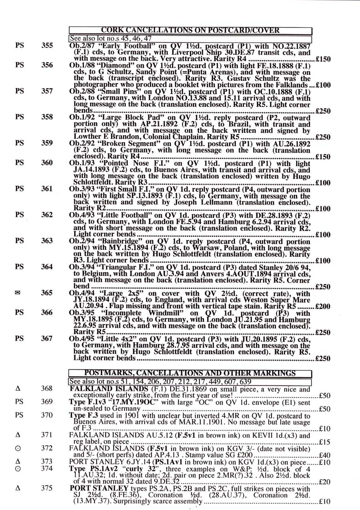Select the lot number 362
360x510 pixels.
[47, 214]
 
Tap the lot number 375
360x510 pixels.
[47, 488]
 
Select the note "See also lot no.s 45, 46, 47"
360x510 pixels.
[110, 38]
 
